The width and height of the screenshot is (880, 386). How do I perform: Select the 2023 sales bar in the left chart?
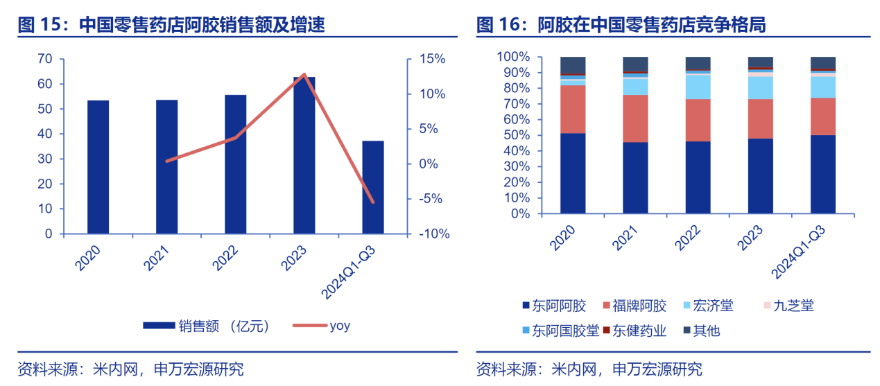[304, 155]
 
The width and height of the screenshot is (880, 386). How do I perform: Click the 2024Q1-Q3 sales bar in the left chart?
[372, 187]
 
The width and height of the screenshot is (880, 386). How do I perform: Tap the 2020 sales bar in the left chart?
[98, 167]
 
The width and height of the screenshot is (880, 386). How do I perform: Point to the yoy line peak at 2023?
[304, 74]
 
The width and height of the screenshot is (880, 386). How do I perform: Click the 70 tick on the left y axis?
[45, 59]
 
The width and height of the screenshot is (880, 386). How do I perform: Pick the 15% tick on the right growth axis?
[431, 59]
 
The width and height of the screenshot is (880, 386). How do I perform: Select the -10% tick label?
[434, 234]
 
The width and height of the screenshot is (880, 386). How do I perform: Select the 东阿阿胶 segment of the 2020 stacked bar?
[573, 173]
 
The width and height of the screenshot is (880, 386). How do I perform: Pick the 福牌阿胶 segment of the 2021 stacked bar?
[635, 119]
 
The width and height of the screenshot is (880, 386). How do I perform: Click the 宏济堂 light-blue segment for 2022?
[698, 87]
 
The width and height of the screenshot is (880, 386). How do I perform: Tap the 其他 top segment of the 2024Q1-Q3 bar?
[822, 63]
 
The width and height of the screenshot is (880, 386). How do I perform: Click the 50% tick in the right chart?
[517, 135]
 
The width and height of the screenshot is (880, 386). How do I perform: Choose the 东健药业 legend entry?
[635, 331]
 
